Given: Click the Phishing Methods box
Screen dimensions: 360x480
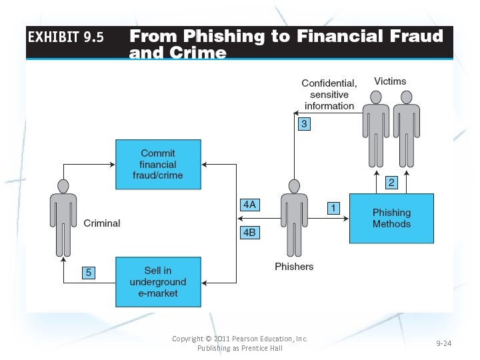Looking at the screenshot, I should tap(391, 218).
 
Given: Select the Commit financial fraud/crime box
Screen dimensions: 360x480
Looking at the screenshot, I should tap(158, 164).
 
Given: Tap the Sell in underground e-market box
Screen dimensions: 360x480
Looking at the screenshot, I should tap(158, 282).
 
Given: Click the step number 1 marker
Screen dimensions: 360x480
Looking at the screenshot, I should tap(333, 208).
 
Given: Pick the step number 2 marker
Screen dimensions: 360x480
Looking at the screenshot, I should tap(392, 182).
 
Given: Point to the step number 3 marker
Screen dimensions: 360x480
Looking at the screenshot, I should tap(303, 124).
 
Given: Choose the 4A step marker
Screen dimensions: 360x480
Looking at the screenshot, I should tap(249, 205).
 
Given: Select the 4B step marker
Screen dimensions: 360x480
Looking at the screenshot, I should tap(249, 233).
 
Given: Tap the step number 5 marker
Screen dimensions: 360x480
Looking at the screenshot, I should tap(89, 272).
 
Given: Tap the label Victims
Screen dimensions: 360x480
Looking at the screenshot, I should tap(390, 81).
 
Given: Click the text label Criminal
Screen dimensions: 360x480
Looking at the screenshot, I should tap(102, 223).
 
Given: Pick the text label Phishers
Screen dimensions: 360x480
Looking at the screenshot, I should tap(294, 267).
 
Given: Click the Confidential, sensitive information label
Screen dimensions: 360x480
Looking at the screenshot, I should tap(329, 95).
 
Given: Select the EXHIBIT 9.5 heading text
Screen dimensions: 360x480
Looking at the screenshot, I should tap(66, 37).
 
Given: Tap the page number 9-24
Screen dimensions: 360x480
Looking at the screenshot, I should tap(444, 343).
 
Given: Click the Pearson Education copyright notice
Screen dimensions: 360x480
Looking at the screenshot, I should tap(240, 343).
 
